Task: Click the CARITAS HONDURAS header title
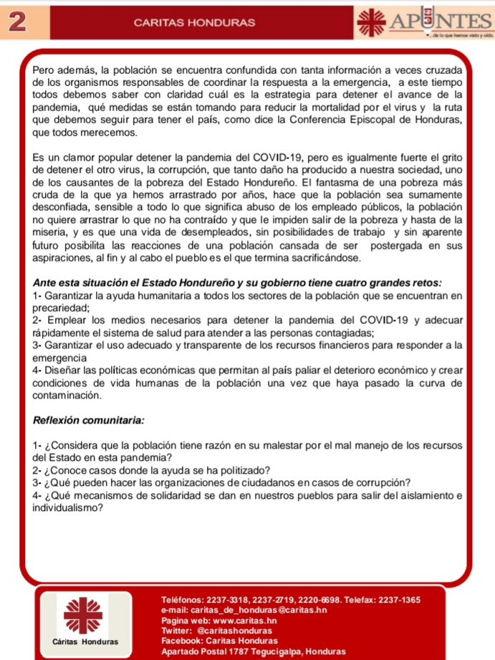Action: pos(194,23)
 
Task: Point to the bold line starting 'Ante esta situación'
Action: pos(237,280)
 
